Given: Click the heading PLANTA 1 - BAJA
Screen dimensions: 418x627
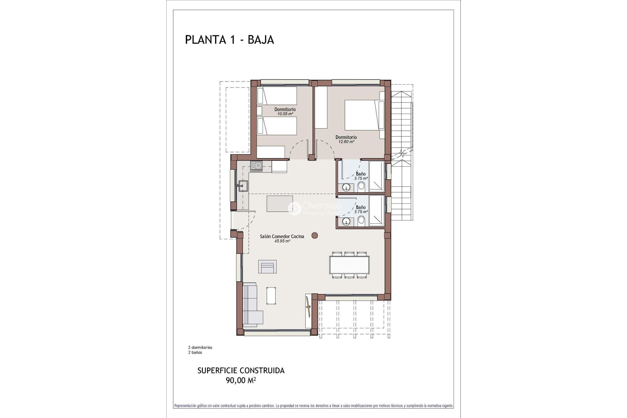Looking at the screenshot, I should (229, 40).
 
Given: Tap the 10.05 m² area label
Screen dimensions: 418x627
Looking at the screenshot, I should (285, 114).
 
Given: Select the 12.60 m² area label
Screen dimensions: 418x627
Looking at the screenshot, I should (346, 142).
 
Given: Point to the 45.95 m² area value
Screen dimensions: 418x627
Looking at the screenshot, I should (282, 241).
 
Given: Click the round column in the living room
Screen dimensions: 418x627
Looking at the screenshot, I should (314, 235).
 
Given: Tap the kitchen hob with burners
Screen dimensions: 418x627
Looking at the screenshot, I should (256, 166).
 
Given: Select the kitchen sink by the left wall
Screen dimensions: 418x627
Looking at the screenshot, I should (243, 185).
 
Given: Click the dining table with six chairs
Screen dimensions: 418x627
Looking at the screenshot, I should (349, 265).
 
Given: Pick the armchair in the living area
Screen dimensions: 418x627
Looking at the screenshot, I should (267, 266).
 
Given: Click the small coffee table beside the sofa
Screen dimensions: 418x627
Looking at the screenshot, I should (271, 295).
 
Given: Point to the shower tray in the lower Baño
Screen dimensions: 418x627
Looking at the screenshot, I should (376, 211).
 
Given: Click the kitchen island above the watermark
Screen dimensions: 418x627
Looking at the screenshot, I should (280, 204).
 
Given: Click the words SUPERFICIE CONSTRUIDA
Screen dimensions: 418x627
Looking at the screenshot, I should (241, 371).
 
